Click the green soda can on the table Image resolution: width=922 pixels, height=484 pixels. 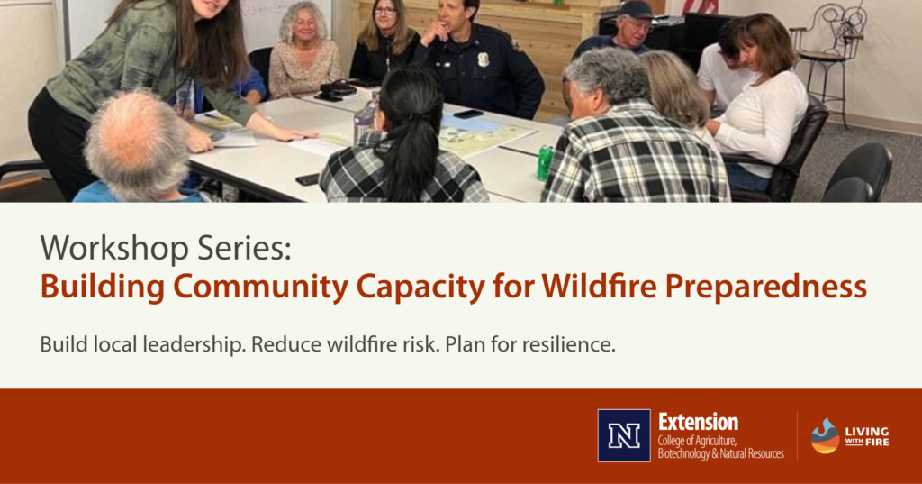544,162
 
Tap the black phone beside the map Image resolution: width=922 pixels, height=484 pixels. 467,114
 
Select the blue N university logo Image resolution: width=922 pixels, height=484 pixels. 623,435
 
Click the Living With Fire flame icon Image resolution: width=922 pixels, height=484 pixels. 825,435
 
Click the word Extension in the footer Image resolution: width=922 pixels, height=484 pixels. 698,422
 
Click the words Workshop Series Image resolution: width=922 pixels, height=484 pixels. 165,247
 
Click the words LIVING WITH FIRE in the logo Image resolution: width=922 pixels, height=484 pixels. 867,436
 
